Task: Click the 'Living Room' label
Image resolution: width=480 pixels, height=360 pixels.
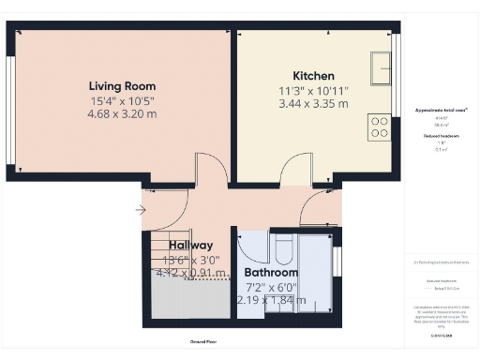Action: [x=116, y=84]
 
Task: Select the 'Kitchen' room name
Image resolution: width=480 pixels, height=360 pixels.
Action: [x=314, y=76]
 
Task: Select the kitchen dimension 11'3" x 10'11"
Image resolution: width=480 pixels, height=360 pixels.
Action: [x=314, y=91]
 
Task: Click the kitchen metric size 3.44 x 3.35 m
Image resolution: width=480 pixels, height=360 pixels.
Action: [x=314, y=104]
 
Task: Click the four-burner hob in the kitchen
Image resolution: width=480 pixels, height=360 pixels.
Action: [x=380, y=126]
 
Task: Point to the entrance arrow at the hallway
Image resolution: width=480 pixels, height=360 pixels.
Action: [x=141, y=210]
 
